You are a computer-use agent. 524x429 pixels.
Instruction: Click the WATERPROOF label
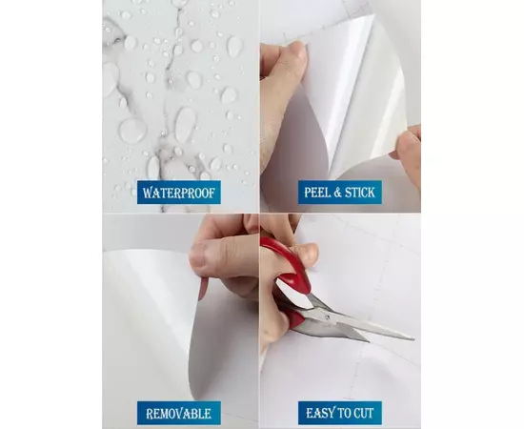point(179,193)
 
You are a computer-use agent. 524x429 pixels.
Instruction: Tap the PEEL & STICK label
point(340,193)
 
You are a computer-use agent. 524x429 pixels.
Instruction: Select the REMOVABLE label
point(179,414)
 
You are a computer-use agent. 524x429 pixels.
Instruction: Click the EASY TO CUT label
point(340,414)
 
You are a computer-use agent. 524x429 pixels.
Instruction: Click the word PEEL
point(316,193)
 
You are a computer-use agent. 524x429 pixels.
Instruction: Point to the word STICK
point(360,193)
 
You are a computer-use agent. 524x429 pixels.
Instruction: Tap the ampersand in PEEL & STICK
point(336,193)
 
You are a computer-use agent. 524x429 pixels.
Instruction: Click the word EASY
point(317,414)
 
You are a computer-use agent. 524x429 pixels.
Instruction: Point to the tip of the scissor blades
point(413,338)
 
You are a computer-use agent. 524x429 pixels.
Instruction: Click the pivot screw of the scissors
point(328,317)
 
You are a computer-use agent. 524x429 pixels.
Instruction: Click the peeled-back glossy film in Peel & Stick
point(361,100)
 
